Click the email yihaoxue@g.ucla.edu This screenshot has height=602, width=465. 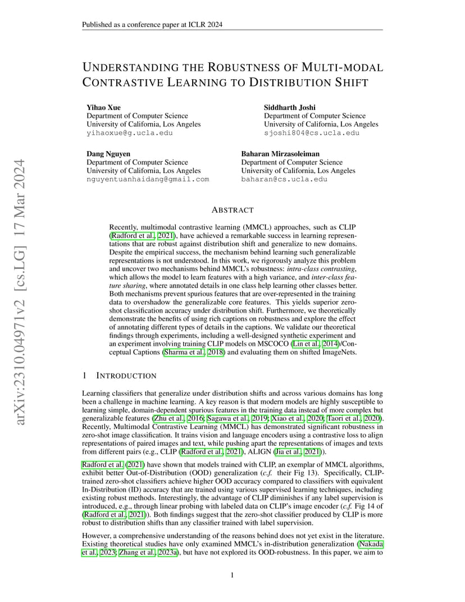[130, 133]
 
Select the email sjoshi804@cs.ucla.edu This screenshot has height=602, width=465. [312, 133]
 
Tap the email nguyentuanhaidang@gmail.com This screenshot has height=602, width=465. [148, 179]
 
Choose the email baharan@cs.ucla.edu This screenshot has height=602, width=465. [284, 179]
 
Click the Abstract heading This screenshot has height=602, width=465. [233, 210]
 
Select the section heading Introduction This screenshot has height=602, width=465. [127, 375]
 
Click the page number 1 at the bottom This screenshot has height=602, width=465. [233, 575]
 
